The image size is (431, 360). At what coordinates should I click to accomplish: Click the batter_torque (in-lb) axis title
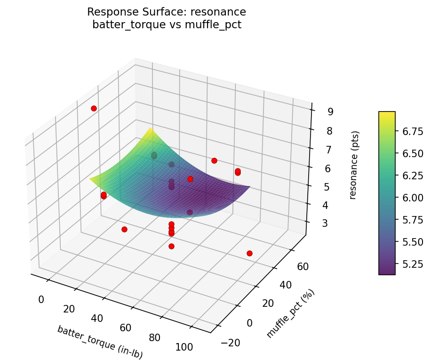pos(100,342)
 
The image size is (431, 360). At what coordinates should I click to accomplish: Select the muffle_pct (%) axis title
pos(290,314)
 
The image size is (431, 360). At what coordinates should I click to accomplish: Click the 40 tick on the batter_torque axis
pos(97,318)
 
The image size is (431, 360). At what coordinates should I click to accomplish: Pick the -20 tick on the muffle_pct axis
pos(229,343)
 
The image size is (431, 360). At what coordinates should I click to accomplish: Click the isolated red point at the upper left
pos(94,108)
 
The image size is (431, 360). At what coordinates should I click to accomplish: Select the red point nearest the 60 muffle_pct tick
pos(249,253)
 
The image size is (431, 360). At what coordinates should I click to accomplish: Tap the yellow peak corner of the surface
pos(151,128)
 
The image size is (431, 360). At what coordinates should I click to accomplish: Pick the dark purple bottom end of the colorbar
pos(387,272)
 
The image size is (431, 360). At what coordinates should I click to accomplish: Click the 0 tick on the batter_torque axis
pos(41,299)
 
